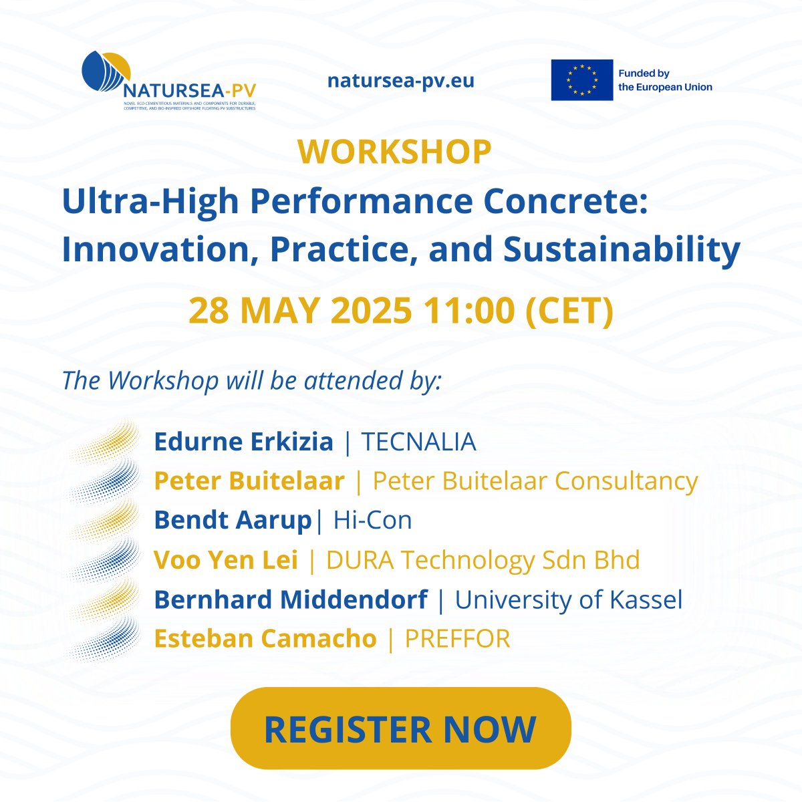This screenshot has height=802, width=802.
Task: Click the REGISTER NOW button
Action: pyautogui.click(x=400, y=728)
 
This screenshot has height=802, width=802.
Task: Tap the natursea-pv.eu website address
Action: pyautogui.click(x=400, y=81)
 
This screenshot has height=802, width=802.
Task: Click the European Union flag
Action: pyautogui.click(x=581, y=80)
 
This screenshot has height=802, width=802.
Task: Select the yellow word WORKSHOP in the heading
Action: pyautogui.click(x=395, y=152)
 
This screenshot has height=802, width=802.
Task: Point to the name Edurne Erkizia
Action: pyautogui.click(x=243, y=442)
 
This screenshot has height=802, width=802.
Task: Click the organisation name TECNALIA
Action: pyautogui.click(x=418, y=442)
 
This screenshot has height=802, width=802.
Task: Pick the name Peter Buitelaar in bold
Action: pyautogui.click(x=249, y=481)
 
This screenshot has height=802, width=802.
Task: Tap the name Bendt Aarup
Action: pyautogui.click(x=233, y=520)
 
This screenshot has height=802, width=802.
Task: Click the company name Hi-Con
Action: pyautogui.click(x=372, y=520)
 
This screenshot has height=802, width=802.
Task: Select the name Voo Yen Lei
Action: pyautogui.click(x=226, y=559)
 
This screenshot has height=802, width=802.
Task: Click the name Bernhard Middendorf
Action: pyautogui.click(x=290, y=599)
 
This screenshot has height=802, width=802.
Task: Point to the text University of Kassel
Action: pyautogui.click(x=569, y=599)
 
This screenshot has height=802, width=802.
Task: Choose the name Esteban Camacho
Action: pyautogui.click(x=265, y=638)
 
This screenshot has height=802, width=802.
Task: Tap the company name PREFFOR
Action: pyautogui.click(x=457, y=638)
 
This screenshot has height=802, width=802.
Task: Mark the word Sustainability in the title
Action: pyautogui.click(x=622, y=249)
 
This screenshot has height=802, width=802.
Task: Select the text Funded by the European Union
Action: pyautogui.click(x=665, y=80)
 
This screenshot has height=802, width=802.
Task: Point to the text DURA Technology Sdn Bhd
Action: pyautogui.click(x=483, y=559)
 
